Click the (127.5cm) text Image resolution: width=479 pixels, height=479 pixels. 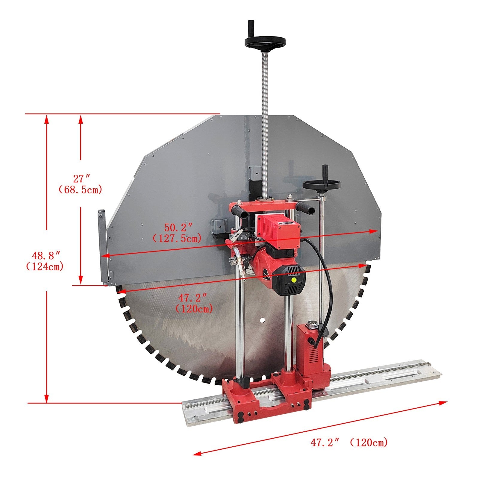coord(177,239)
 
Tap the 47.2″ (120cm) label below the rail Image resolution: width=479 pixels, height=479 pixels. coord(349,442)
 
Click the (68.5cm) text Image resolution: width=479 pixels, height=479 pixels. coord(80,190)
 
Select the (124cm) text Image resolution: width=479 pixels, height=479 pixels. coord(45,266)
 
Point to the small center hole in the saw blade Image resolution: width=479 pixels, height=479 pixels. coord(262,320)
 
